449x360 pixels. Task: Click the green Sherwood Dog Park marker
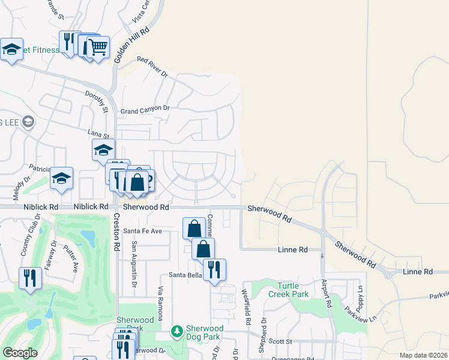pos(176,331)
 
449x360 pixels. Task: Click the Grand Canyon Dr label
pos(145,110)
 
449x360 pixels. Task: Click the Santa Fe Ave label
pos(143,231)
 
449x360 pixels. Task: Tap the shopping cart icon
pos(98,47)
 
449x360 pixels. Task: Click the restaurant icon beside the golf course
pos(29,278)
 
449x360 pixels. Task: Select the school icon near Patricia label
pos(61,178)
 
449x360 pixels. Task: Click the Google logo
pos(20,353)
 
